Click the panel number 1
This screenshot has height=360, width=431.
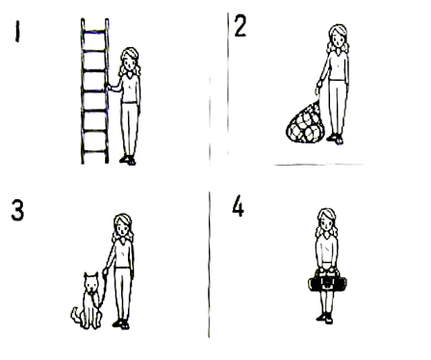tap(17, 32)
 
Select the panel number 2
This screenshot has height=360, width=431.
tap(241, 26)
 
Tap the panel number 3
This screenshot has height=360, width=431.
tap(17, 210)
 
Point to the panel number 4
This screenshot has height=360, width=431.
tap(238, 207)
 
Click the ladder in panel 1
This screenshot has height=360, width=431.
tap(94, 91)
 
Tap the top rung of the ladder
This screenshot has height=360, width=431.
tap(94, 32)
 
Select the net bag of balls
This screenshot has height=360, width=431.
tap(305, 123)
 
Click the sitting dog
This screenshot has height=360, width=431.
tap(88, 300)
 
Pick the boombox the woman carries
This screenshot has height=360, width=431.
tap(327, 283)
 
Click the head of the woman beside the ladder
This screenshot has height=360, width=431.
tap(130, 61)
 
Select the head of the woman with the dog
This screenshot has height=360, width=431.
tap(122, 227)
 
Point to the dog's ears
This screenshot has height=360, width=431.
tap(91, 275)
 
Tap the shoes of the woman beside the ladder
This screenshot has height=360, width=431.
tap(128, 160)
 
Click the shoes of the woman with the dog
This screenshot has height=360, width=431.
tap(121, 324)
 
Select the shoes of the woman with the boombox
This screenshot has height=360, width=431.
tap(325, 318)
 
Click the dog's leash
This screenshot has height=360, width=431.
tap(103, 289)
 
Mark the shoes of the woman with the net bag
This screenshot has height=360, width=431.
tap(335, 139)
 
